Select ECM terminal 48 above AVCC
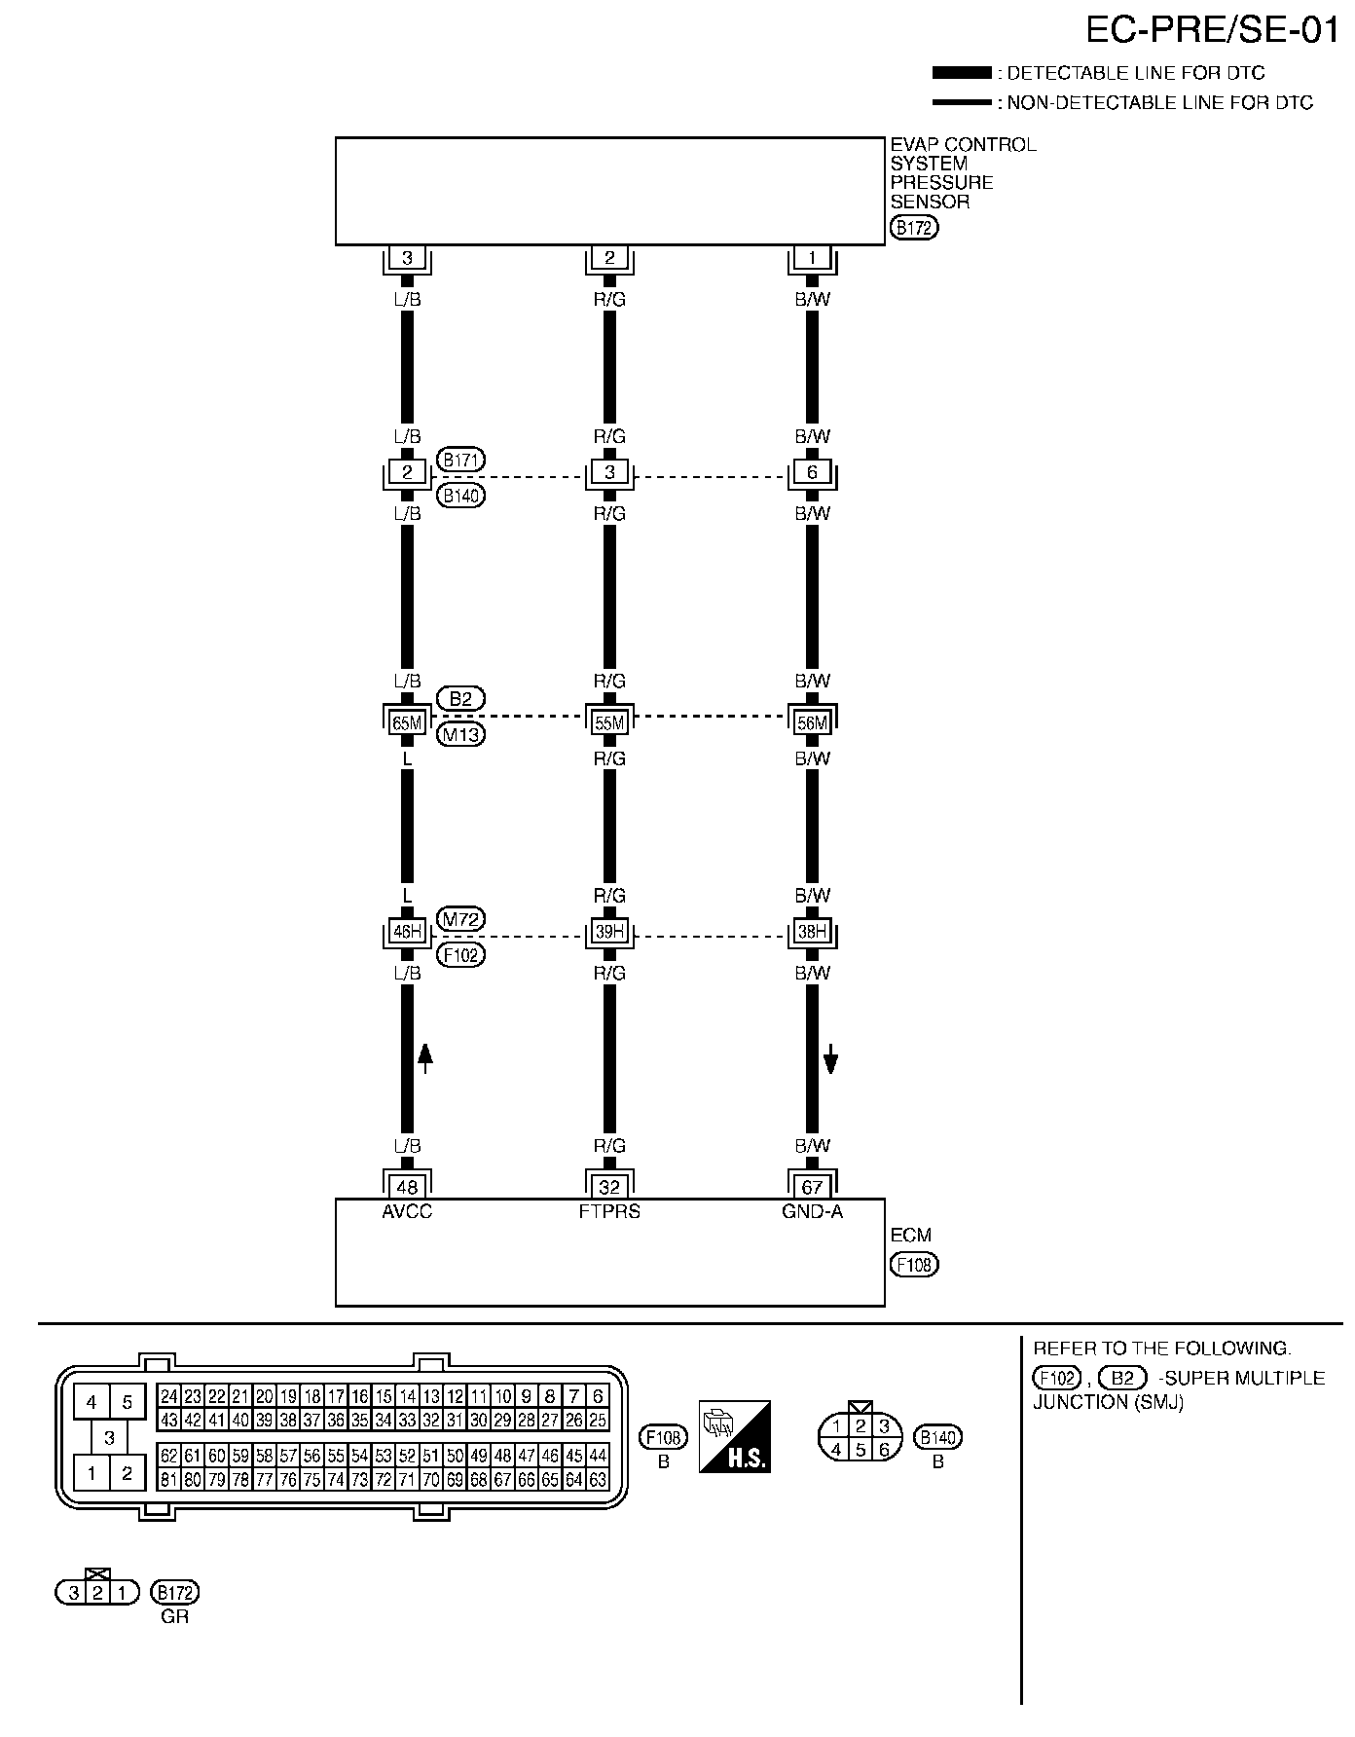(x=407, y=1187)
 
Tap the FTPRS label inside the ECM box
(x=609, y=1212)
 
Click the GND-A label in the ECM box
(x=812, y=1212)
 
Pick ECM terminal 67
(x=812, y=1187)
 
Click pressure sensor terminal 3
(x=407, y=258)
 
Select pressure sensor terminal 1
(x=812, y=258)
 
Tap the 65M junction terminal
(x=407, y=722)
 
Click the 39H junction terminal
(x=609, y=933)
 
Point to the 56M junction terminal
(x=812, y=722)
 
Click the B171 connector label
(x=461, y=460)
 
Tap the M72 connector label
(x=461, y=919)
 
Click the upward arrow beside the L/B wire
(x=424, y=1057)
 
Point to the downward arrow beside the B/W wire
(x=830, y=1058)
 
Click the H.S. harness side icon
(x=735, y=1436)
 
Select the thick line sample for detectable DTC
(x=961, y=73)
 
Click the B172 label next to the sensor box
(x=914, y=229)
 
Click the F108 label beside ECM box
(x=914, y=1265)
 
